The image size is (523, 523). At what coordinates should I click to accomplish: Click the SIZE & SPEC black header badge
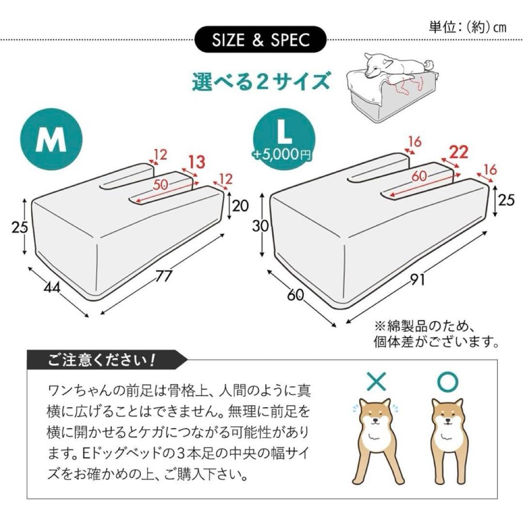tap(260, 40)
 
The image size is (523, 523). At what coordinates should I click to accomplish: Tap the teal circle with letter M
tap(51, 140)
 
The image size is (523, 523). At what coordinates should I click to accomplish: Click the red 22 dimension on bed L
tap(458, 153)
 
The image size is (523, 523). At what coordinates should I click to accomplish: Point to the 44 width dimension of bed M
tap(52, 288)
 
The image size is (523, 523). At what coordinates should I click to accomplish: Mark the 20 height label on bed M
tap(240, 206)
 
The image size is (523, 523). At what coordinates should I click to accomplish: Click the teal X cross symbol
tap(377, 382)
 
